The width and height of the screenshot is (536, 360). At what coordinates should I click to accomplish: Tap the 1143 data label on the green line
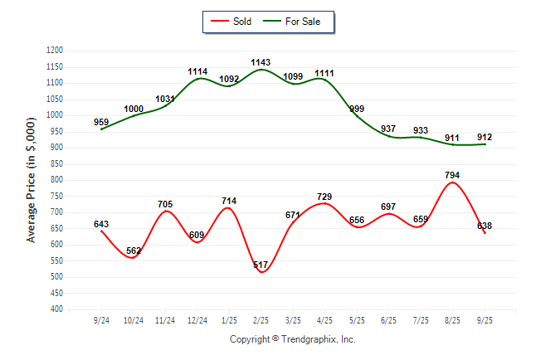point(261,62)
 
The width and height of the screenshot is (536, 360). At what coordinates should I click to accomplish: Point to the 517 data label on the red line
point(261,265)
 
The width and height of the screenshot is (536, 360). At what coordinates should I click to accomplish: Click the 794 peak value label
point(452,175)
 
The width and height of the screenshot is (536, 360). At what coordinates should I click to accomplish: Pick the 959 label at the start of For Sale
point(101,123)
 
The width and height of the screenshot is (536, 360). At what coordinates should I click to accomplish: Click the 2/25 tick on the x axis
point(261,319)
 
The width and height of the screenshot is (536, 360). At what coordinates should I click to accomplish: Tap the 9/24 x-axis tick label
point(101,319)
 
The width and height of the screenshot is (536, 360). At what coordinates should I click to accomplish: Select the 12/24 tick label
point(197,319)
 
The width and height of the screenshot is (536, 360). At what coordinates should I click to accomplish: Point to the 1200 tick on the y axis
point(55,51)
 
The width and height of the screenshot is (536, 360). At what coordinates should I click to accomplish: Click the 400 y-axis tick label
point(57,309)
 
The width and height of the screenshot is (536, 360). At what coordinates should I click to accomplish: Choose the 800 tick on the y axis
point(57,180)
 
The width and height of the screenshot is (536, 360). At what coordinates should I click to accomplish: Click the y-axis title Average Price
point(32,180)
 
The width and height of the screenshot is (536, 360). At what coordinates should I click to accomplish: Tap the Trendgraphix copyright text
point(292,339)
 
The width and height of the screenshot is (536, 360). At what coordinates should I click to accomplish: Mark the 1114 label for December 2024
point(197,72)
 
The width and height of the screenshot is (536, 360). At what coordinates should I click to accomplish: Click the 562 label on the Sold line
point(134,251)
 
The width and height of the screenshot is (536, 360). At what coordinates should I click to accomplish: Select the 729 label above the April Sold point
point(324,196)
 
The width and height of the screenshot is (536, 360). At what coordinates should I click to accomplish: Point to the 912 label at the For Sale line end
point(485,137)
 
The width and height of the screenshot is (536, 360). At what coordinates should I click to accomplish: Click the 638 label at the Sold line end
point(485,226)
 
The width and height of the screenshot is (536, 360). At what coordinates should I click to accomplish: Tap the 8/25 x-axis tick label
point(452,319)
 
